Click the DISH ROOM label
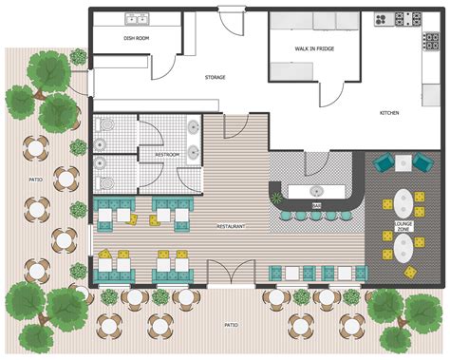[x=136, y=39]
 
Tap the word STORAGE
[x=215, y=77]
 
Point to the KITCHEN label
[x=390, y=112]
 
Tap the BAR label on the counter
[x=316, y=204]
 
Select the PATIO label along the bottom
[x=231, y=324]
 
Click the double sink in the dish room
[x=135, y=18]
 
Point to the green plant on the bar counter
[x=277, y=198]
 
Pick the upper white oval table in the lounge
[x=403, y=202]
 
